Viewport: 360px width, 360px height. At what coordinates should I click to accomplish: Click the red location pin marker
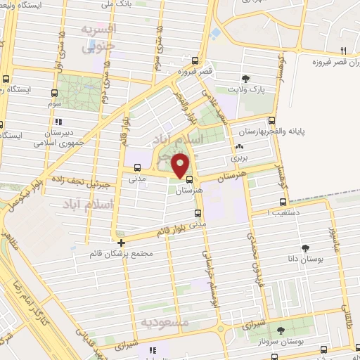181,166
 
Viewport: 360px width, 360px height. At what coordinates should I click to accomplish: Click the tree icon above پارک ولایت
245,79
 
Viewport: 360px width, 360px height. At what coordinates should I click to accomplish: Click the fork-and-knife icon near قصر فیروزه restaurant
344,51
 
